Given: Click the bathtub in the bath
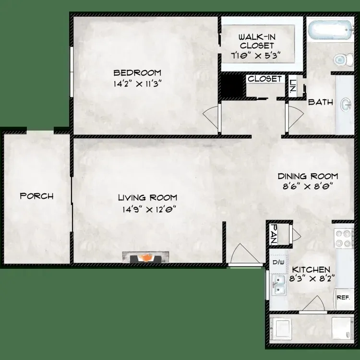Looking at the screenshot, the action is (330, 30).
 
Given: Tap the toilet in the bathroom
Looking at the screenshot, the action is (344, 60).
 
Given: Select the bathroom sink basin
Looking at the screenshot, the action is (346, 105).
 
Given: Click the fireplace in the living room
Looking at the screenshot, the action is (145, 257).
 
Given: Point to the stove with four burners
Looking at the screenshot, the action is (344, 238).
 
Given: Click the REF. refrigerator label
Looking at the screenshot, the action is (343, 298).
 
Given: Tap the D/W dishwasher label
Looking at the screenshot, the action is (278, 262).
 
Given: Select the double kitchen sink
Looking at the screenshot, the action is (279, 286).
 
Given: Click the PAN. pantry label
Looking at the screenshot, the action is (274, 234).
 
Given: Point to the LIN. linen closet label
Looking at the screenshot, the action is (292, 85).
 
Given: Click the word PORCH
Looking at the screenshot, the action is (37, 196).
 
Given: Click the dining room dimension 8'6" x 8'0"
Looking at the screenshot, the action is (308, 186).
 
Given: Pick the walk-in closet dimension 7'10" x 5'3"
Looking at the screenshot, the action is (256, 56).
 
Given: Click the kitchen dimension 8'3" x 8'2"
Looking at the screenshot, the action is (312, 279).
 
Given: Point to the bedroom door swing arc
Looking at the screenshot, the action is (210, 118).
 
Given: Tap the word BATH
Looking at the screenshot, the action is (320, 102).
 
